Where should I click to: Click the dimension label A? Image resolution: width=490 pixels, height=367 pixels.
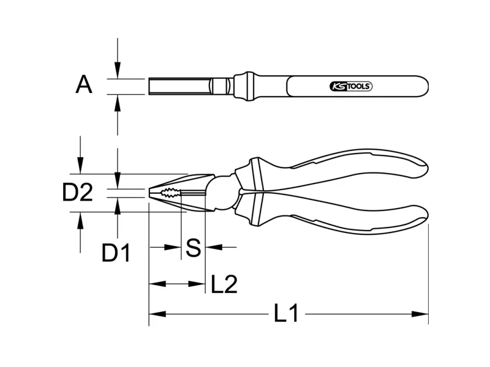tap(84, 85)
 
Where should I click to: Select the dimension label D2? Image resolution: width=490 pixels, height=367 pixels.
tap(78, 192)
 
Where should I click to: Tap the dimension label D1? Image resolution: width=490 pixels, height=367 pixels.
tap(116, 253)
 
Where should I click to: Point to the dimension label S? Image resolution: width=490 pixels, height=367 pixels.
tap(193, 248)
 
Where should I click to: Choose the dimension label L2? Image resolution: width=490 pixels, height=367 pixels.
tap(224, 284)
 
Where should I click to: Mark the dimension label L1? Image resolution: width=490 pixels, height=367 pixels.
tap(286, 313)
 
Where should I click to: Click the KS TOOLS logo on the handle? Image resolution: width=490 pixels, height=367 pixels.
tap(351, 86)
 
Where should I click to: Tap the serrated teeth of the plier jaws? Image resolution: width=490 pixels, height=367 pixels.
tap(170, 193)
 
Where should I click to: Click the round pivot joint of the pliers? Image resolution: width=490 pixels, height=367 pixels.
tap(222, 192)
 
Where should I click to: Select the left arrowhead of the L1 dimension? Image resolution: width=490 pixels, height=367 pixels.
tap(157, 314)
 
